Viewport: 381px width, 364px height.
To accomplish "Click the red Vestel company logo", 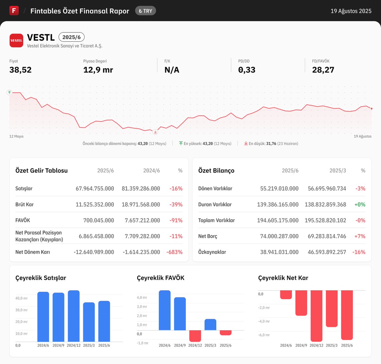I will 16,41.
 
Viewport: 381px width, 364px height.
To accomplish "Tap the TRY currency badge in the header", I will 145,11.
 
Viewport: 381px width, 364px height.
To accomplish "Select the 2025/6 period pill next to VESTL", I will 71,37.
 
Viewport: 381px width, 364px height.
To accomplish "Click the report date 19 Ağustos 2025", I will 351,11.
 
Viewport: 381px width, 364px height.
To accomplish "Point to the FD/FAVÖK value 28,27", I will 323,70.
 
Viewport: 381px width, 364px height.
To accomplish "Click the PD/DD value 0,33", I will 246,70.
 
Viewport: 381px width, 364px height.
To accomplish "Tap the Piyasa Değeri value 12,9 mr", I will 98,70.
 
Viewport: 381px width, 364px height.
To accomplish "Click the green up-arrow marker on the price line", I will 9,92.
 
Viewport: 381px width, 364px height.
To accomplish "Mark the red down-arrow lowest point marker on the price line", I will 155,132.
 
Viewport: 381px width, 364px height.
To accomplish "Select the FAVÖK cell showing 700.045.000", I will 98,220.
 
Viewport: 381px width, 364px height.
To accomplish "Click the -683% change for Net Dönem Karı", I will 174,252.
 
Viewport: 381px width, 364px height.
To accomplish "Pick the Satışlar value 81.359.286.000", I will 141,189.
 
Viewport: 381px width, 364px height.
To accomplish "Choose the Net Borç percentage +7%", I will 360,236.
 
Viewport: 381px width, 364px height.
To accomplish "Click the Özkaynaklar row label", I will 212,252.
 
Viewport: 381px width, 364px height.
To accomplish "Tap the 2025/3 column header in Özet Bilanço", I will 338,171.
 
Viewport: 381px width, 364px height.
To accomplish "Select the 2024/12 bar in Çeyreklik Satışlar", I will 74,316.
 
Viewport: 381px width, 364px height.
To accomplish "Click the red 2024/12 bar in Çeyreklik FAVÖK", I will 195,336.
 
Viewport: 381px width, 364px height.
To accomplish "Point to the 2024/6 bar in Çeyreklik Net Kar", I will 286,295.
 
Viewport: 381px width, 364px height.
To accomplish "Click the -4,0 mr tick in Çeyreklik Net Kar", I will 264,321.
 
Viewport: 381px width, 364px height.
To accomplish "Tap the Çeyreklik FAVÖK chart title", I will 160,278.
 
